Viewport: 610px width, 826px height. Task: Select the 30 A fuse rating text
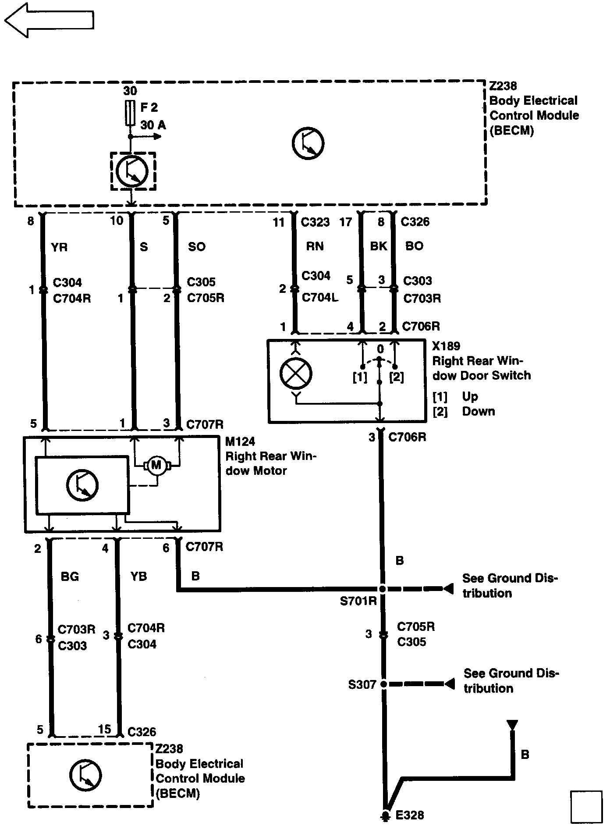pos(153,125)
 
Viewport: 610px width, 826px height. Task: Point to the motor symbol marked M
pos(156,465)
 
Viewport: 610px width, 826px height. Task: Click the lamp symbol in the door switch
pos(296,374)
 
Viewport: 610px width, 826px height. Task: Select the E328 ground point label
pos(410,815)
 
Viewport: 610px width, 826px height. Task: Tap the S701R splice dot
pos(382,589)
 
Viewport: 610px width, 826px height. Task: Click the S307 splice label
pos(362,684)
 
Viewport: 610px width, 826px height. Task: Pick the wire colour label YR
pos(59,248)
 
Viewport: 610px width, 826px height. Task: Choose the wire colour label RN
pos(315,246)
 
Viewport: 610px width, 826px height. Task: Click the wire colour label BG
pos(70,577)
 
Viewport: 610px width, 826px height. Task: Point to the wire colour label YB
pos(138,577)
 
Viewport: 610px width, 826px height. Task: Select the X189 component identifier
pos(446,346)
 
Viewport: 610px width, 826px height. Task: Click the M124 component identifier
pos(240,441)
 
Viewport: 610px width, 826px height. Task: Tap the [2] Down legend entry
pos(464,412)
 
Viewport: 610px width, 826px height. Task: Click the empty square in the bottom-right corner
pos(586,807)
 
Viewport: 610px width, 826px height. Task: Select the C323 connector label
pos(315,222)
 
